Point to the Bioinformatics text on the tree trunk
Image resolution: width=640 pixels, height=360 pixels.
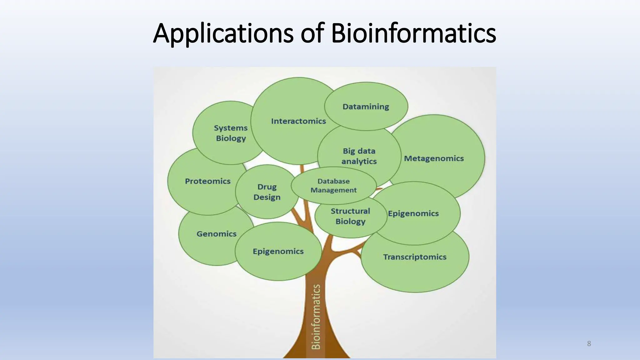pyautogui.click(x=316, y=316)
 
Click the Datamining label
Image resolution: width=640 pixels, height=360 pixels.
pyautogui.click(x=366, y=107)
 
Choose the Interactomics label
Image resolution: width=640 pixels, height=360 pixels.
pyautogui.click(x=298, y=121)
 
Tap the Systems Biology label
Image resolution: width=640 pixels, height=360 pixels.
pyautogui.click(x=231, y=133)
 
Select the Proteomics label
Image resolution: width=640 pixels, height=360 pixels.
pyautogui.click(x=207, y=181)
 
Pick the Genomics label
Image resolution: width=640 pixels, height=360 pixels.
pyautogui.click(x=216, y=234)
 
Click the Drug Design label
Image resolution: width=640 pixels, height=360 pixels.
pyautogui.click(x=267, y=192)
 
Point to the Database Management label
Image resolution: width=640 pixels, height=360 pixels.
pyautogui.click(x=333, y=186)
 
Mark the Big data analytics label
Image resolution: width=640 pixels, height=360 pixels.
pyautogui.click(x=359, y=156)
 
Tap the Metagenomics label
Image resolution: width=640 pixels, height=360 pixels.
pyautogui.click(x=434, y=158)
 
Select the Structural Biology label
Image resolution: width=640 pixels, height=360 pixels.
pyautogui.click(x=350, y=216)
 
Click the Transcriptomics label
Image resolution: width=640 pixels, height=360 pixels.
pyautogui.click(x=415, y=257)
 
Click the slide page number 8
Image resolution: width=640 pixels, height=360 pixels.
pyautogui.click(x=589, y=344)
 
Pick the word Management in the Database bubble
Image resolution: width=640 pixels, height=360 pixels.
pyautogui.click(x=333, y=190)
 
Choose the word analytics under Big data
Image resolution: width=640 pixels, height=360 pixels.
pyautogui.click(x=359, y=161)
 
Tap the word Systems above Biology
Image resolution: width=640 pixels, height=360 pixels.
pyautogui.click(x=231, y=128)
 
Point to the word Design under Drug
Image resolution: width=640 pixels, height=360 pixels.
pyautogui.click(x=267, y=197)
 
